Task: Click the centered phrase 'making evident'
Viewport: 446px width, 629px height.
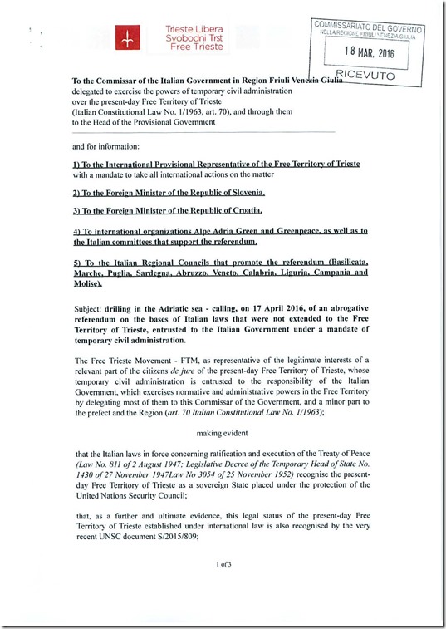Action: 223,432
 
